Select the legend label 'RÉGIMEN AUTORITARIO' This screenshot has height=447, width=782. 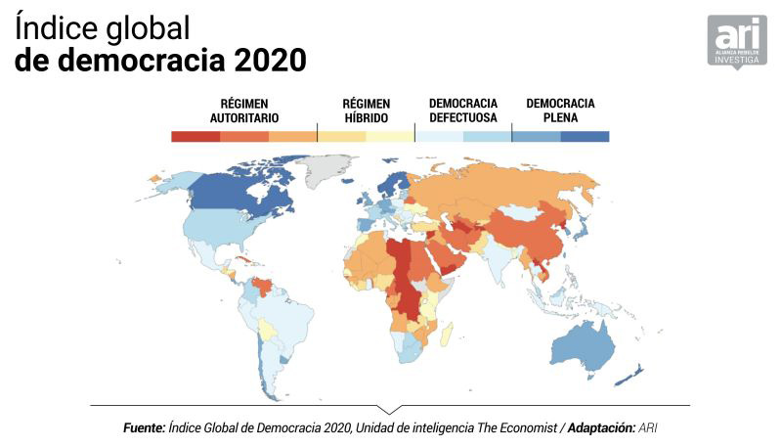click(x=244, y=111)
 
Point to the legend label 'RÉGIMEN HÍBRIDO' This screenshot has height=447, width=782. click(x=366, y=111)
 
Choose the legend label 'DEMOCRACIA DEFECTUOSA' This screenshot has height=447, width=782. click(x=463, y=111)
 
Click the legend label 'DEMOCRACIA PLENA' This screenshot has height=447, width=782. click(x=560, y=111)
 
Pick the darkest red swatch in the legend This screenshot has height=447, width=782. click(x=195, y=137)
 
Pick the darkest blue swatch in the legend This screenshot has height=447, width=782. click(x=585, y=137)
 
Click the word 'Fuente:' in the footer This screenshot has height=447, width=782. click(x=144, y=428)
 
